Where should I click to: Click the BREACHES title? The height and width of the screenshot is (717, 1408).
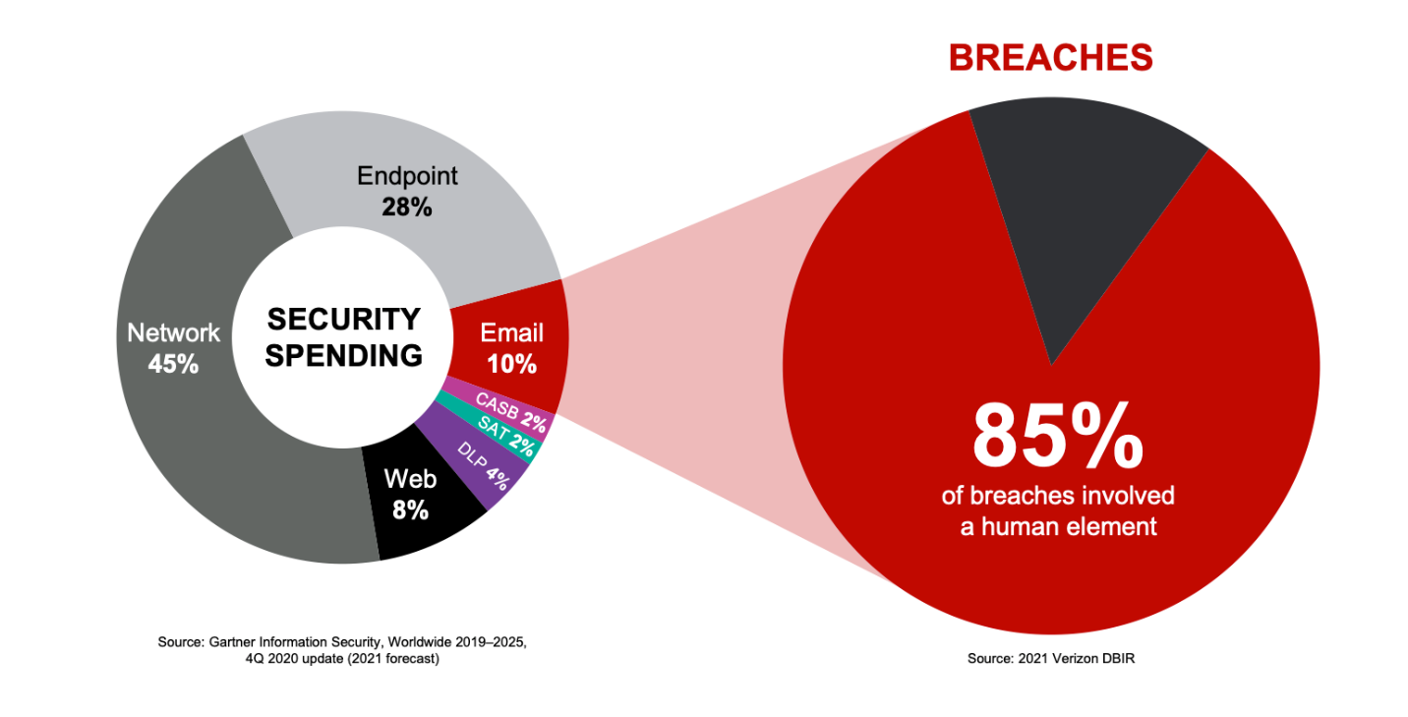click(1051, 58)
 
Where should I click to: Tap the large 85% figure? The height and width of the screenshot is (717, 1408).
click(1058, 438)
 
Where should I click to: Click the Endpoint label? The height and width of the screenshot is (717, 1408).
click(407, 177)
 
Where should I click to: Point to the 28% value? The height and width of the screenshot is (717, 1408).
click(407, 207)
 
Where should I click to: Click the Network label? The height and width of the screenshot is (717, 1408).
click(173, 332)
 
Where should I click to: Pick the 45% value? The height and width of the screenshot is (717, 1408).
click(173, 364)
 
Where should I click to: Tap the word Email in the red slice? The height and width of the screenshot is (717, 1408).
click(511, 332)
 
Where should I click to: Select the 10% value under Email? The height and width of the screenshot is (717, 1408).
click(511, 364)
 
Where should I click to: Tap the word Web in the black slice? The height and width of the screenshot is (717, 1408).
click(410, 479)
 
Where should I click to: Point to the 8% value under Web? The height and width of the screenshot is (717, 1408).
click(410, 510)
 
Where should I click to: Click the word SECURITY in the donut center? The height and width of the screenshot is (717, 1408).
click(344, 320)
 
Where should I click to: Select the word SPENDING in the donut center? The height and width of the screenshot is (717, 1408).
click(344, 356)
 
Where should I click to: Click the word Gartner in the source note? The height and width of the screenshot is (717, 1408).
click(232, 642)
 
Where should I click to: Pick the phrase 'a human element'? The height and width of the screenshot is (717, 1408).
click(1059, 527)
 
